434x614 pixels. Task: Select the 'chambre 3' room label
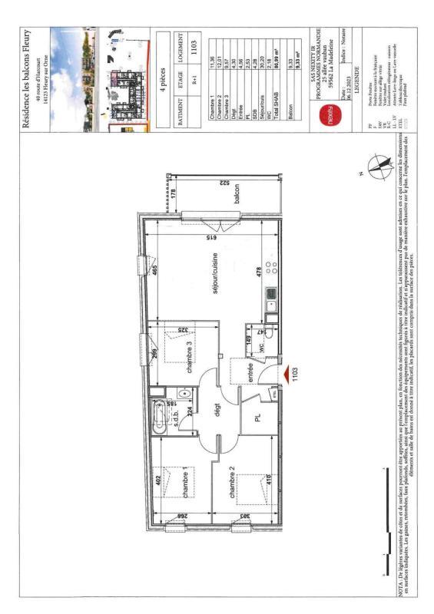pyautogui.click(x=188, y=358)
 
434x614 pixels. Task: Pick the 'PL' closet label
pyautogui.click(x=258, y=418)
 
